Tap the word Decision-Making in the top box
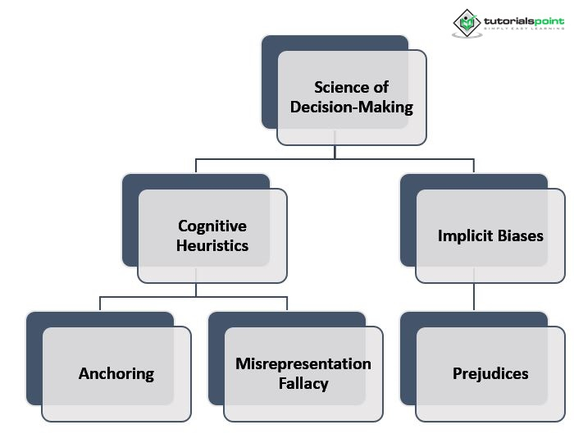coord(352,107)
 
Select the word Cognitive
coord(212,226)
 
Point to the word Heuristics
coord(212,245)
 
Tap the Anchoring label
coord(116,374)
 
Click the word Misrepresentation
coord(303,363)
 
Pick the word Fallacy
coord(303,384)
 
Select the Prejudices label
coord(490,374)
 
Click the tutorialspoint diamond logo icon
coord(467,23)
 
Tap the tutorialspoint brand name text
coord(524,21)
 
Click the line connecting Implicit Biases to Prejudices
coord(474,297)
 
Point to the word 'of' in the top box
coord(381,87)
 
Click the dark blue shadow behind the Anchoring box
coord(34,359)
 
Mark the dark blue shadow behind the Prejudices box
coord(408,359)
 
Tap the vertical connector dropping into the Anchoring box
coord(100,304)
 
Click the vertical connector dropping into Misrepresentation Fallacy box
coord(287,304)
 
